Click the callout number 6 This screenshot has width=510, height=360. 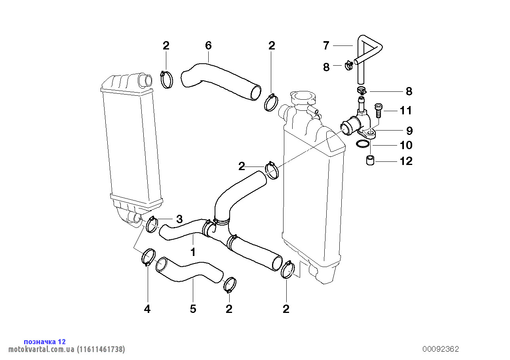[208, 45]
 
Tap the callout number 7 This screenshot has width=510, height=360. [326, 45]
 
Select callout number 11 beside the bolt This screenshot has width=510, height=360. [406, 110]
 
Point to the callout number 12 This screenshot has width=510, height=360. [406, 161]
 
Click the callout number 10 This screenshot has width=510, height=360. [406, 145]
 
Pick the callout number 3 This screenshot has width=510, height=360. [179, 219]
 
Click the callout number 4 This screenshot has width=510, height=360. [147, 309]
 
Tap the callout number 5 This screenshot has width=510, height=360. [193, 309]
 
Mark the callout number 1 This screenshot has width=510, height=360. [193, 252]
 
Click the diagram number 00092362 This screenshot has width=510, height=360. [441, 349]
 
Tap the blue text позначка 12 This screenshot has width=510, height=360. [45, 341]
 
